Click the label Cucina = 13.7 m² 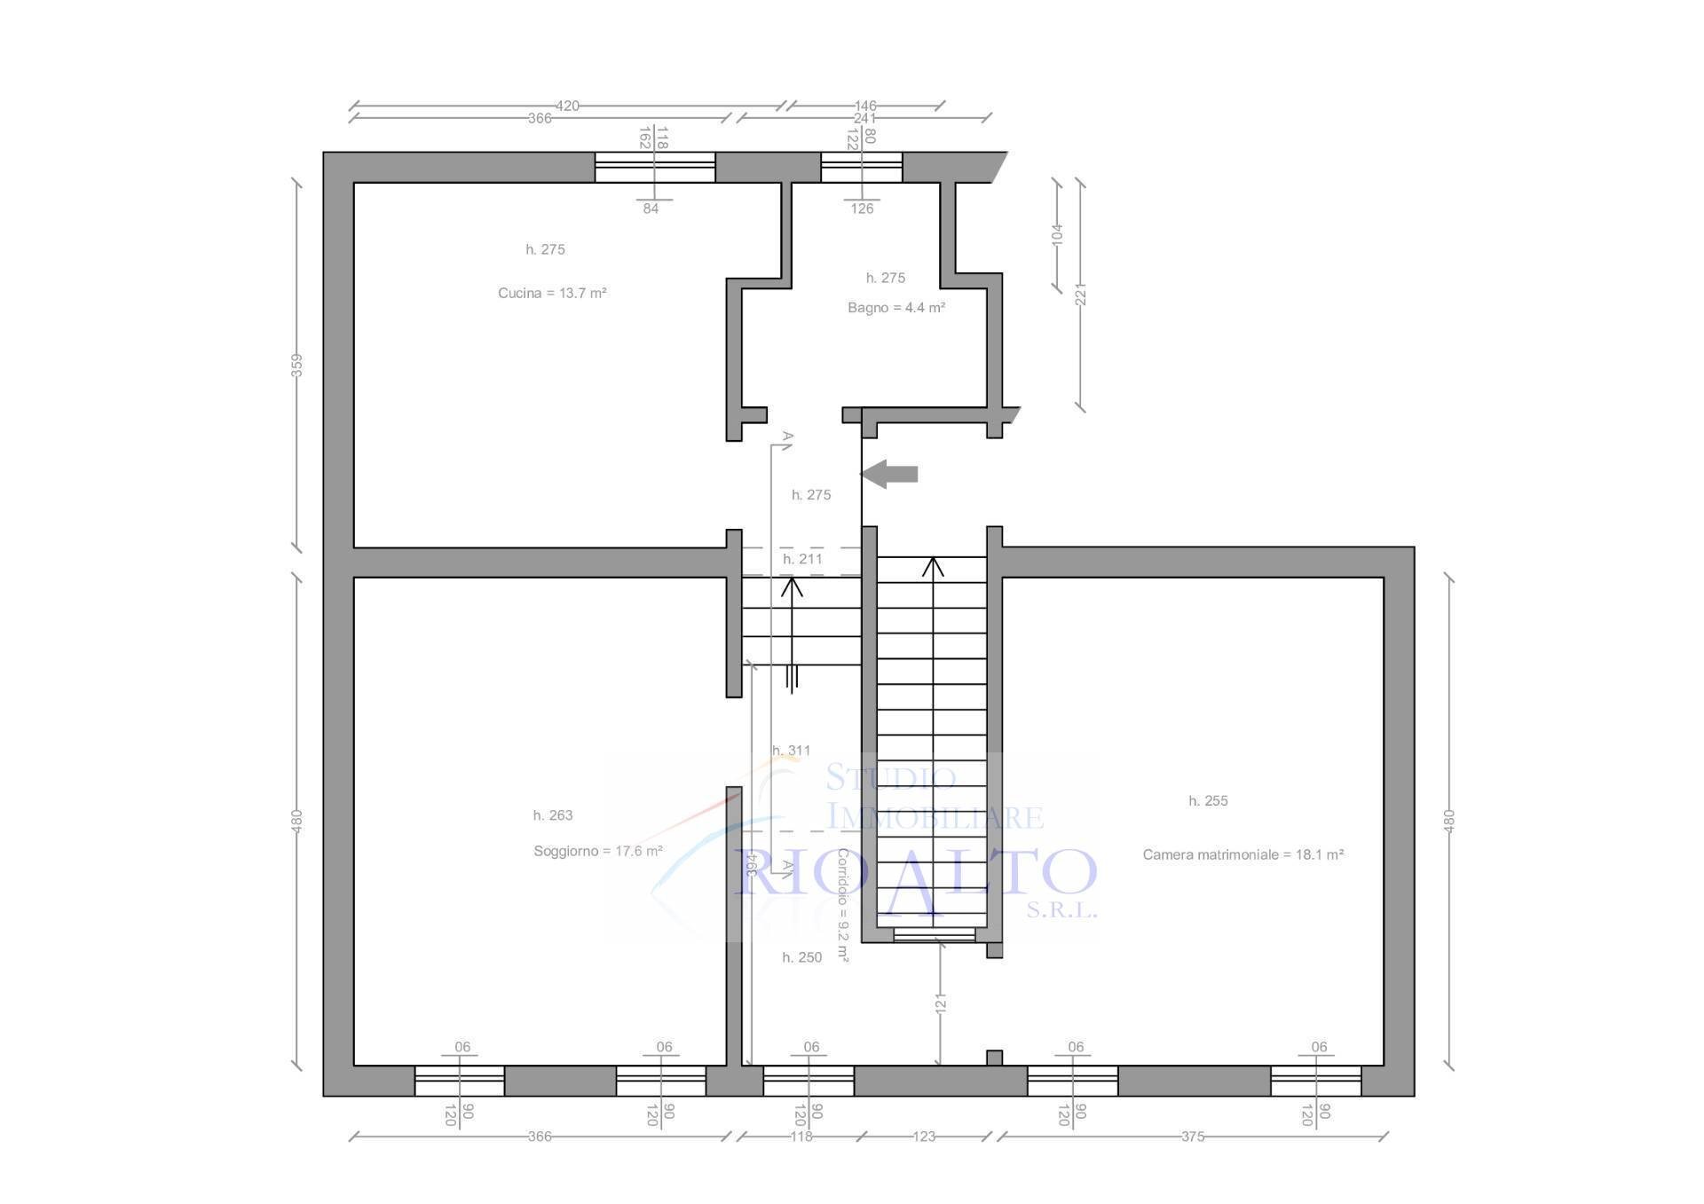click(552, 294)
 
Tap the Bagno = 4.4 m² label click(895, 308)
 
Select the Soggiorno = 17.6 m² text click(597, 852)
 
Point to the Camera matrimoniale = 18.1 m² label click(1242, 855)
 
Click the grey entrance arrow click(889, 474)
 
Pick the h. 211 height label click(802, 559)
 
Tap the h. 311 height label click(791, 751)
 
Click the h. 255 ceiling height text click(1208, 801)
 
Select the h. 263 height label click(552, 815)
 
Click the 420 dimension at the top click(567, 106)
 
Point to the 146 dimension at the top click(864, 106)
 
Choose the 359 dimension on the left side click(297, 365)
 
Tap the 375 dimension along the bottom click(1192, 1137)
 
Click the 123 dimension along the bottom click(924, 1137)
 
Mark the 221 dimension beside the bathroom click(1080, 294)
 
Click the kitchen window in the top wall click(655, 167)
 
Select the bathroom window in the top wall click(861, 167)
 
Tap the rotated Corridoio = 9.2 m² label click(842, 906)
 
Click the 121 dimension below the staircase click(941, 1003)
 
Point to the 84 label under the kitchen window click(651, 209)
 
